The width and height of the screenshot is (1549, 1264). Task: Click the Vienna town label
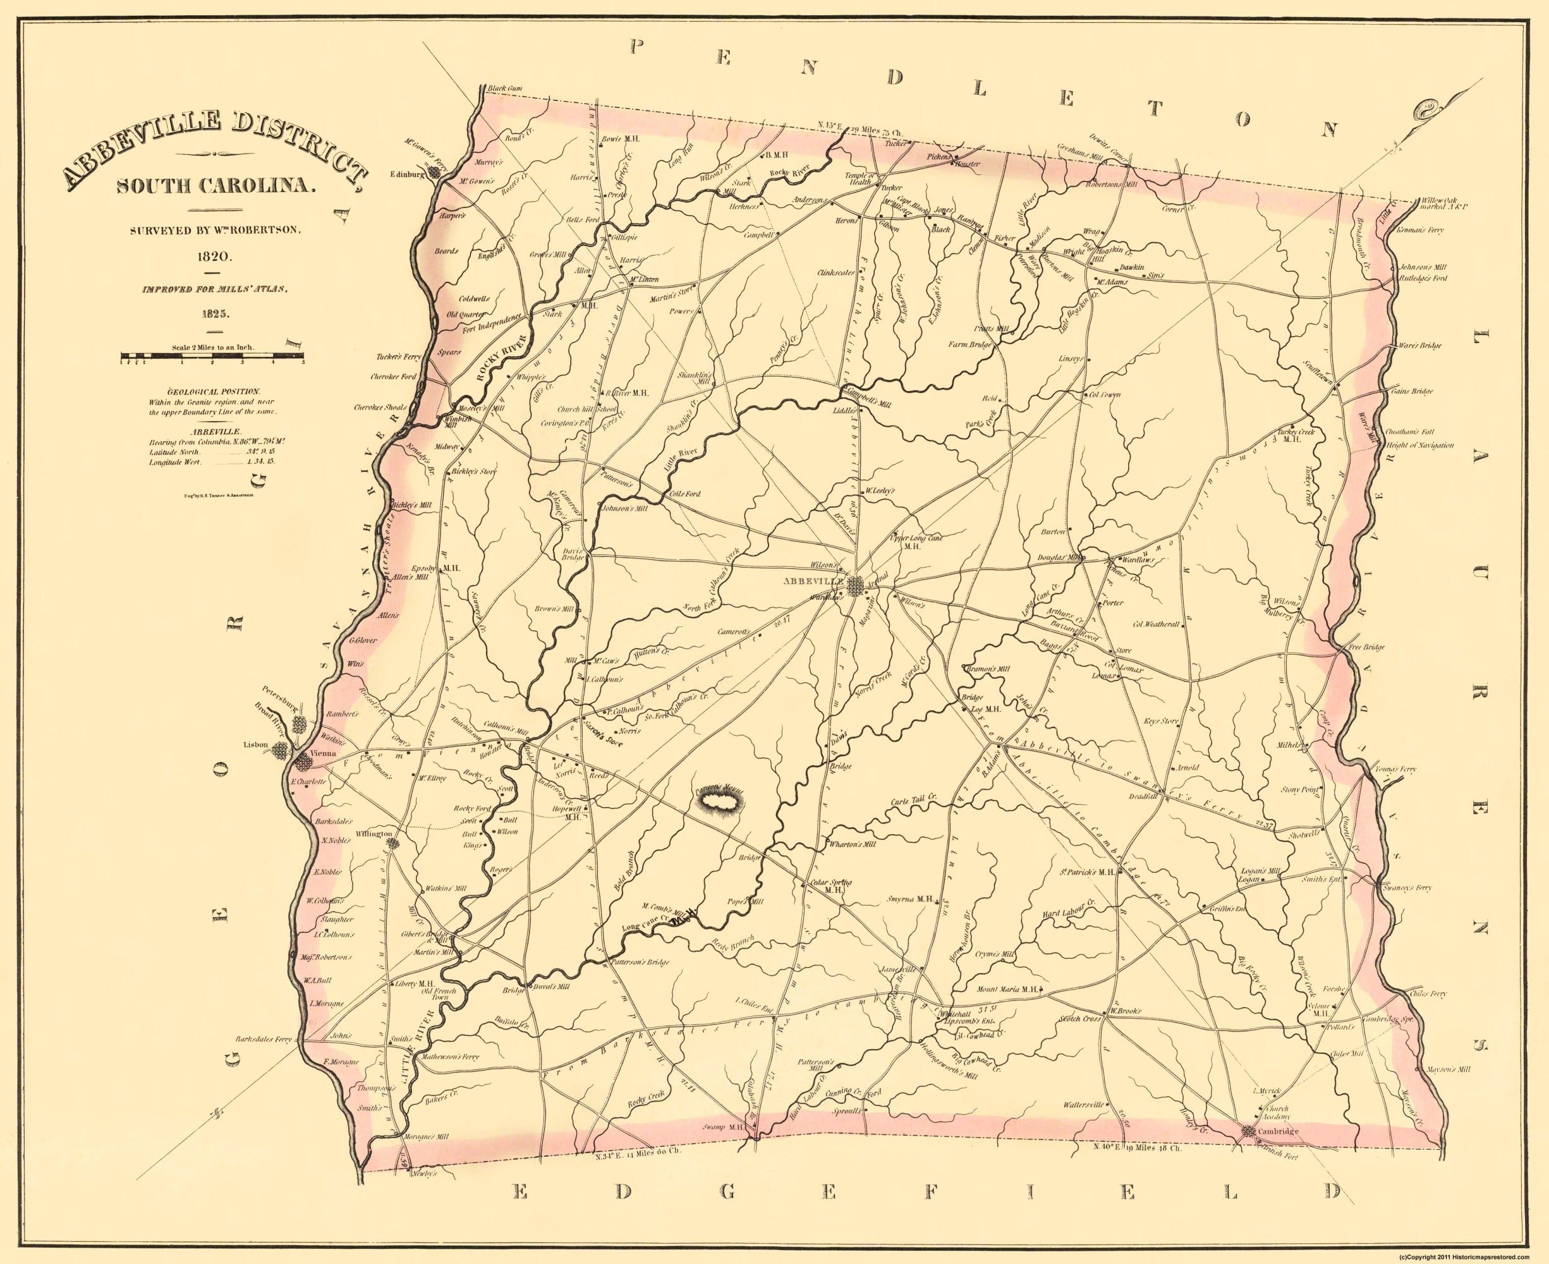pyautogui.click(x=321, y=755)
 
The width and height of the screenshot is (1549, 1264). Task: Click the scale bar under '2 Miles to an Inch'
pyautogui.click(x=212, y=357)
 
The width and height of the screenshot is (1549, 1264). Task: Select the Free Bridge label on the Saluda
pyautogui.click(x=1366, y=647)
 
